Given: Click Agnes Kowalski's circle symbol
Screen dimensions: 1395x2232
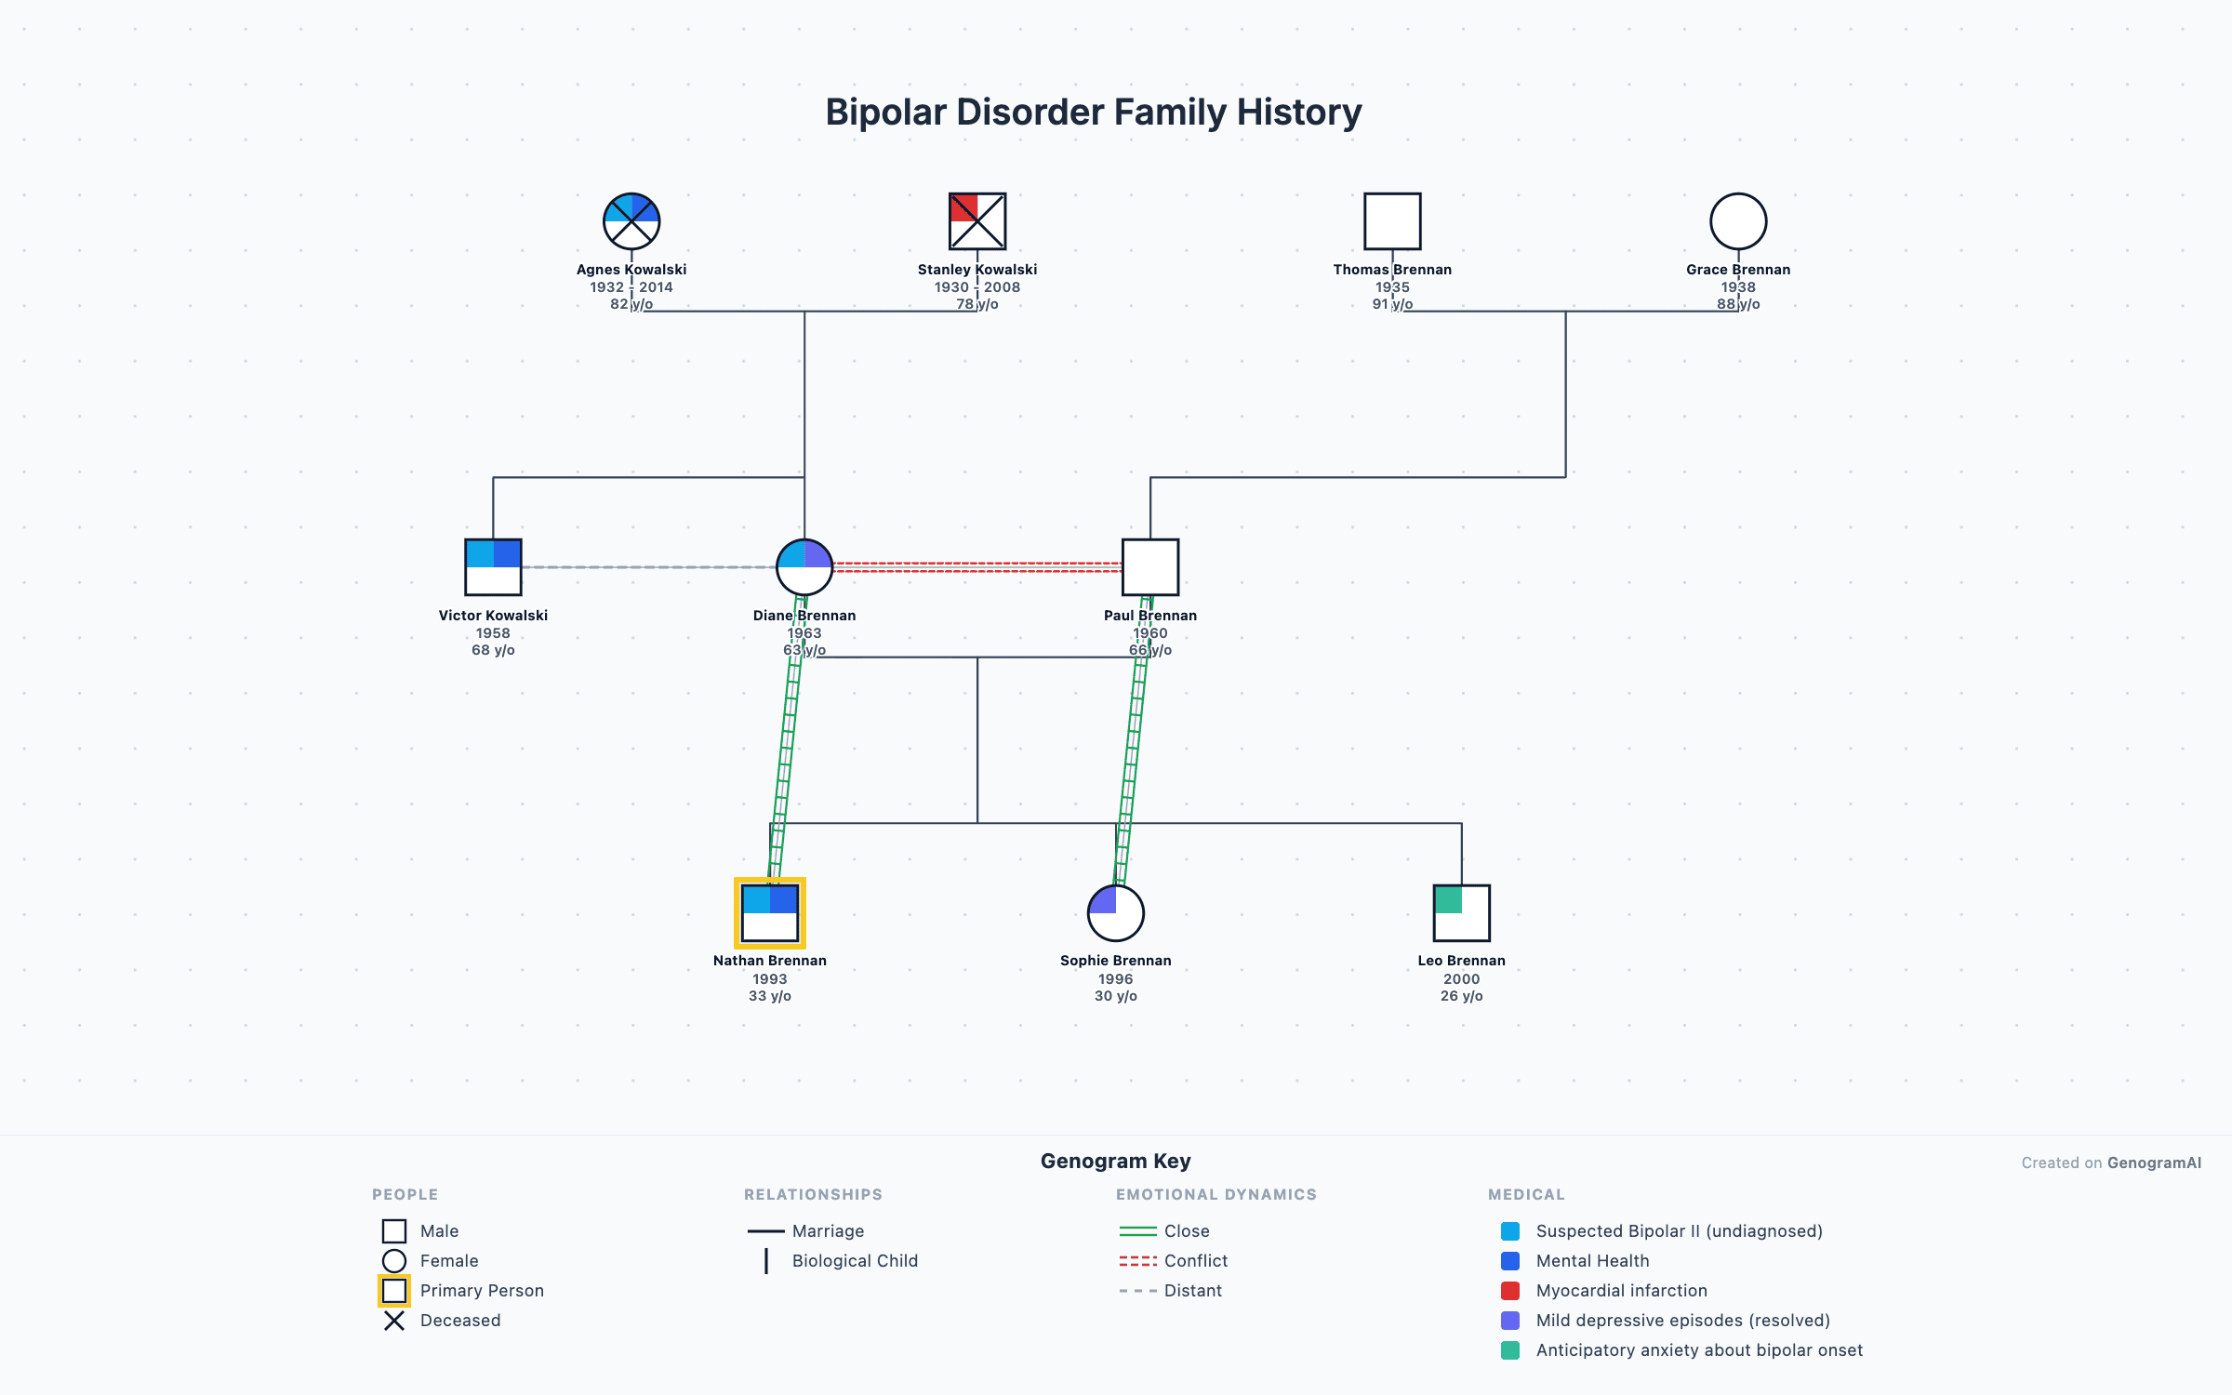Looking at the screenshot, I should (631, 221).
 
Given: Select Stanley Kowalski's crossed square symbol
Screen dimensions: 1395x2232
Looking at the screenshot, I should (976, 221).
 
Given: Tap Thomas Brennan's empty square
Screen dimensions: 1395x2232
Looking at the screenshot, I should (1392, 221).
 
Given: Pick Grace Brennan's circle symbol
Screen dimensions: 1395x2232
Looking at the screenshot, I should (1738, 221).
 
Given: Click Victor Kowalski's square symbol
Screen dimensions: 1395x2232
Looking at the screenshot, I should (493, 567).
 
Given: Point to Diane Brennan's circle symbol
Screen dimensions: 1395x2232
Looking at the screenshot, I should (804, 567).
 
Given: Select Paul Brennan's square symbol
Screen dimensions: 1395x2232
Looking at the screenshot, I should (1150, 567).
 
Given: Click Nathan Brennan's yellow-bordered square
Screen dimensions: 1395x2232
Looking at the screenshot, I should (770, 913).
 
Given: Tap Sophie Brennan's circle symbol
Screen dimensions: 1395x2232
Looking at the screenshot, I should (1116, 913).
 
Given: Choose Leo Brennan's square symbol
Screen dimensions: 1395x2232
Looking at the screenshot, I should (1462, 913).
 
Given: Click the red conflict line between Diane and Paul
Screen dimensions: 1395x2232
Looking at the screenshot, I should (976, 566).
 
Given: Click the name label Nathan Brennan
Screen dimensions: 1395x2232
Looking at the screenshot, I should (770, 961).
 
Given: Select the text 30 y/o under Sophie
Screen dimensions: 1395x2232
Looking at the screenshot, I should (1116, 996).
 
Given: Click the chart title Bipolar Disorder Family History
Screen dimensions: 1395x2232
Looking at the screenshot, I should (1094, 113).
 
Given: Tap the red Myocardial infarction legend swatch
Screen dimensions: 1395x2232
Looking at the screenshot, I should (1510, 1291).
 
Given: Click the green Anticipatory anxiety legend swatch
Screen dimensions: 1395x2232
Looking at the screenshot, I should (1510, 1350).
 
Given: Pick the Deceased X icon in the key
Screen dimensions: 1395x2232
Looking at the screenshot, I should (394, 1321).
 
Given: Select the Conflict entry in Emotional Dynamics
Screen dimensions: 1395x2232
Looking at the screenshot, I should (1195, 1261).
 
